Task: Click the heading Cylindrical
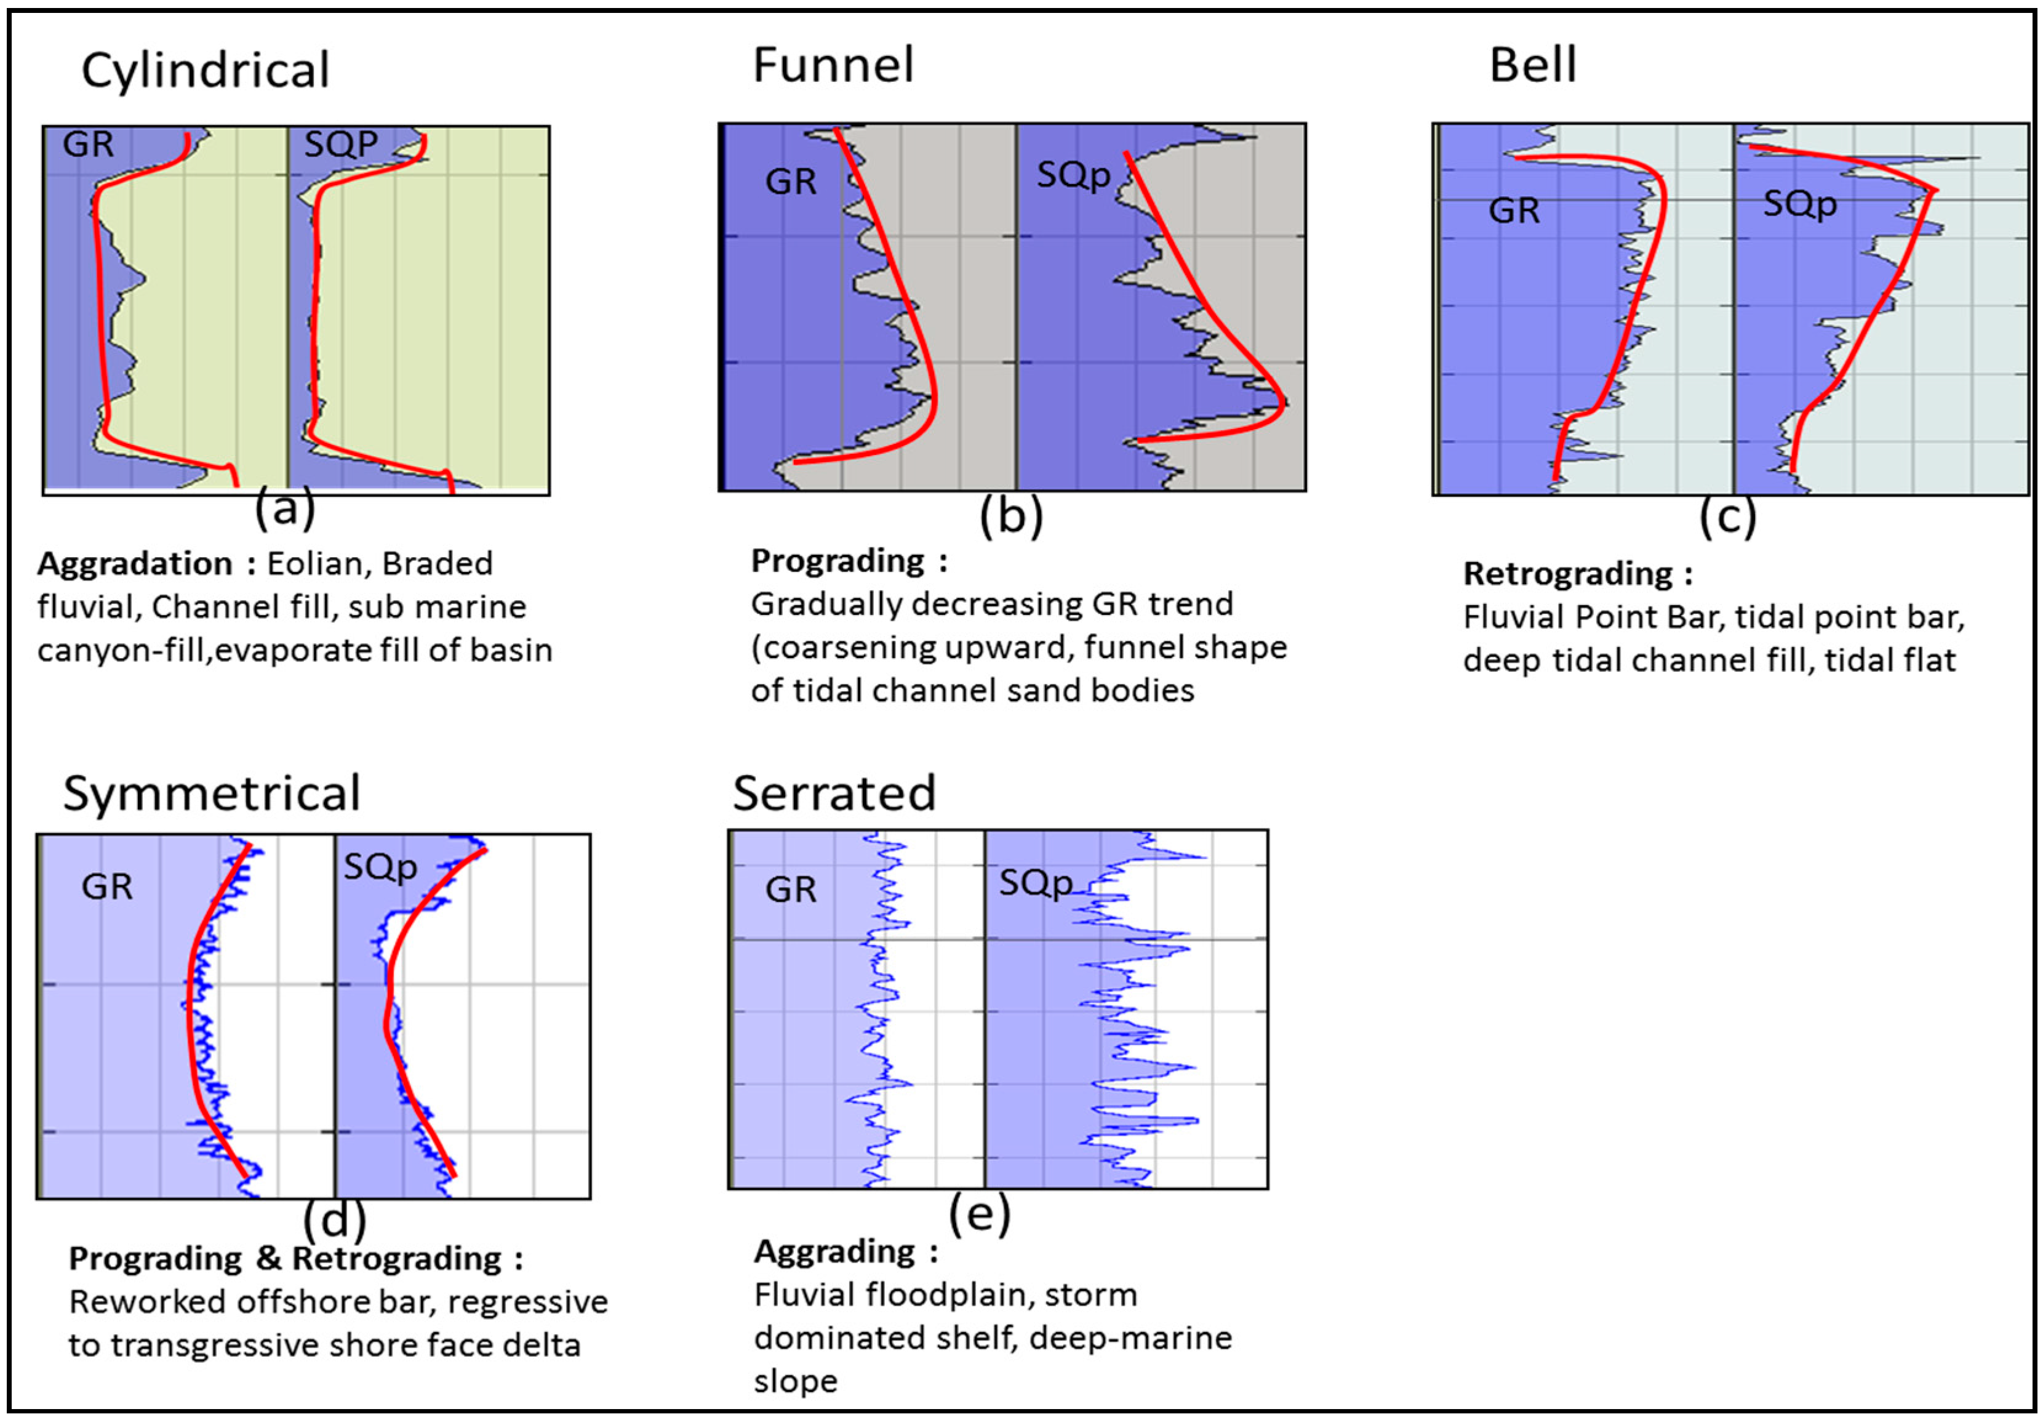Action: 206,71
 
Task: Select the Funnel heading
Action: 833,65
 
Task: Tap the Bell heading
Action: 1533,65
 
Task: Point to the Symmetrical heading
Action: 212,793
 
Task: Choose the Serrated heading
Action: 834,793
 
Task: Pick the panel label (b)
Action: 1011,516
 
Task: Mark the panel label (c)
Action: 1728,516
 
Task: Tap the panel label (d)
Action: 335,1219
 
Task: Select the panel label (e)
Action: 980,1212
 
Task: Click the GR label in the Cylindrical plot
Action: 88,144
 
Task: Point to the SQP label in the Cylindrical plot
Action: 341,144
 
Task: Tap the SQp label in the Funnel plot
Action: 1073,175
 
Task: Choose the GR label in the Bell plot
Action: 1514,211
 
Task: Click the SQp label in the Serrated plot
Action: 1036,883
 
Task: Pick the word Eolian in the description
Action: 315,564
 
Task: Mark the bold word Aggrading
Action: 834,1252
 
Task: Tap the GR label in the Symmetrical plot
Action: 107,886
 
